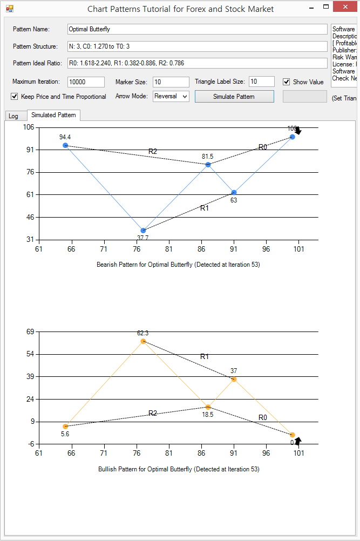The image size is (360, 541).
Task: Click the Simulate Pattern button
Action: [234, 97]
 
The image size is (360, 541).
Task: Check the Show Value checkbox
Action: [287, 82]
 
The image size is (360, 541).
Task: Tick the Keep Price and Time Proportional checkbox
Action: [14, 97]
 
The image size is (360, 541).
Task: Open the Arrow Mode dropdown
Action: [171, 96]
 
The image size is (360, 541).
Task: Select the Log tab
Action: [13, 116]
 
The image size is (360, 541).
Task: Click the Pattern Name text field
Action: [197, 29]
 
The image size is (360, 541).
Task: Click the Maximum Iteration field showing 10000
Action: [86, 82]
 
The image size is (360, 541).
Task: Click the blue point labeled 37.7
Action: [143, 231]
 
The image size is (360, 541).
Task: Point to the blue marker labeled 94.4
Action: [65, 145]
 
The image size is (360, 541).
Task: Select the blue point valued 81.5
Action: [208, 164]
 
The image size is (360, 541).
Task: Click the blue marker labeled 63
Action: [234, 192]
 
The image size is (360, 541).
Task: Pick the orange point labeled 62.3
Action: [143, 341]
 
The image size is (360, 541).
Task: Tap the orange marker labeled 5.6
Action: [65, 427]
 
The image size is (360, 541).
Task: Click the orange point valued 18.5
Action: [208, 407]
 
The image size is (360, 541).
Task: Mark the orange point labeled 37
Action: [234, 380]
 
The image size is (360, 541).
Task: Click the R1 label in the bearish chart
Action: [205, 208]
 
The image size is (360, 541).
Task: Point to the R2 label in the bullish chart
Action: [153, 413]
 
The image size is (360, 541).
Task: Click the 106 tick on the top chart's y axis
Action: [28, 127]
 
